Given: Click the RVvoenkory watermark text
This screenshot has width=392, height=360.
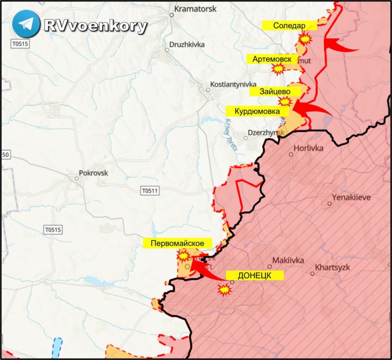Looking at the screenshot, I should (x=95, y=26).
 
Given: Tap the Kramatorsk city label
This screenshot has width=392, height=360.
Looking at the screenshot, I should (x=195, y=9).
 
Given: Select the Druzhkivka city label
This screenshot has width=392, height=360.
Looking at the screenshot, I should (x=187, y=45).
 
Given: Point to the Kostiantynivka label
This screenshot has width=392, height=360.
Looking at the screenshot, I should (x=233, y=85).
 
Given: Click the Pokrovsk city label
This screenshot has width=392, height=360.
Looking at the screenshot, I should (x=94, y=172).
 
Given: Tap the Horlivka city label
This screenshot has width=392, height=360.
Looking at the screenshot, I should (x=308, y=148).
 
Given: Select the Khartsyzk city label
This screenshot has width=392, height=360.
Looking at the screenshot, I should (x=332, y=267).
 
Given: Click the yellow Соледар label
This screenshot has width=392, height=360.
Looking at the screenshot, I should (x=290, y=25).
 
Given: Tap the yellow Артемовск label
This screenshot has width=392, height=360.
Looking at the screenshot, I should (x=272, y=59).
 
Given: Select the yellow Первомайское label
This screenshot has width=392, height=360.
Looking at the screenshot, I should (x=177, y=243).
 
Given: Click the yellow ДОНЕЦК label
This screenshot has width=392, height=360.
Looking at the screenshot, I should (x=254, y=275).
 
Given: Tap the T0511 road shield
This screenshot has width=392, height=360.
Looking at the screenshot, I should (x=150, y=191).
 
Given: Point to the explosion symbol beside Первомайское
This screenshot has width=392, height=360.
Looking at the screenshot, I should (x=183, y=256).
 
